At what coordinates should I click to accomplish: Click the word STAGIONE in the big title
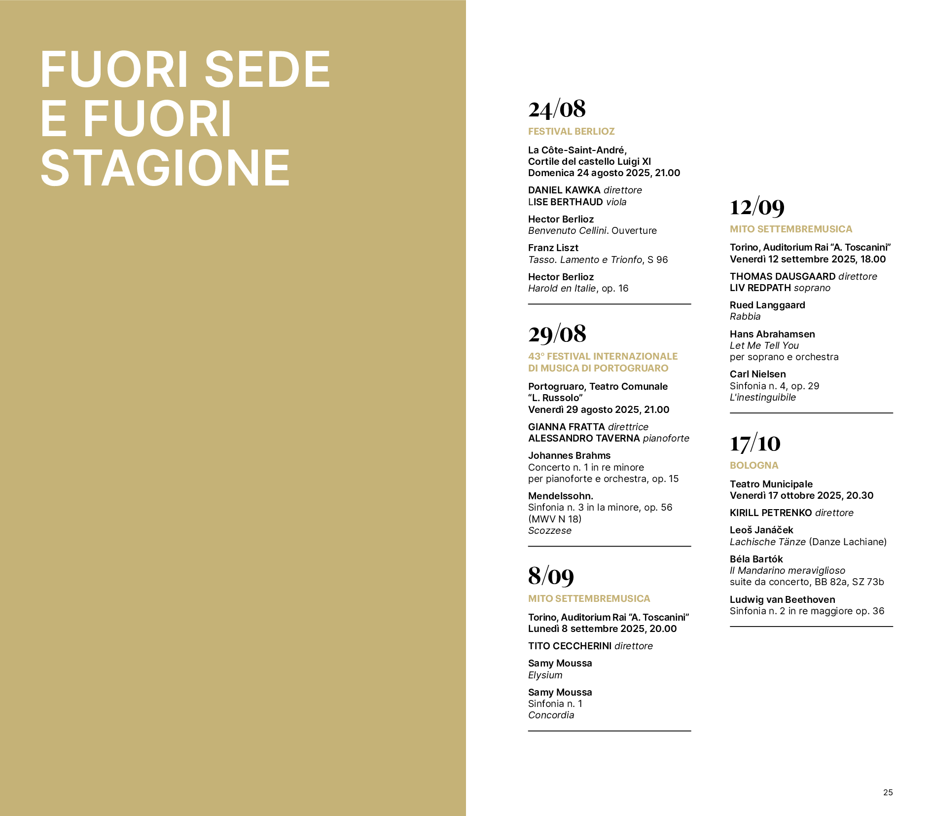(x=165, y=168)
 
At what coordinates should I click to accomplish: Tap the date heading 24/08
(x=557, y=109)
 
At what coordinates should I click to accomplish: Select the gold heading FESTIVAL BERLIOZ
(x=571, y=132)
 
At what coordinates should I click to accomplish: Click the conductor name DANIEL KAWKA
(x=564, y=190)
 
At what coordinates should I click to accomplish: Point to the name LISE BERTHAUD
(x=565, y=202)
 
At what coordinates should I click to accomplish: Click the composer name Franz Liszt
(x=553, y=248)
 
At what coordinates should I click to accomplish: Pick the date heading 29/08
(x=557, y=334)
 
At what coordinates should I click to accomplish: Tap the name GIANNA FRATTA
(x=566, y=427)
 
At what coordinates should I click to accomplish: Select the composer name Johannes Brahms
(x=569, y=456)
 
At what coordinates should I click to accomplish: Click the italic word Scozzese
(x=549, y=531)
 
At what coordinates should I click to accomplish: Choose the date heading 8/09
(x=551, y=576)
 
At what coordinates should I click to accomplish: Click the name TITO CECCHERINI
(x=570, y=646)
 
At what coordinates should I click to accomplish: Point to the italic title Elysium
(x=545, y=675)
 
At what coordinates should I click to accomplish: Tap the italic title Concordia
(x=551, y=715)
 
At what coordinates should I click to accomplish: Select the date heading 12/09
(x=757, y=207)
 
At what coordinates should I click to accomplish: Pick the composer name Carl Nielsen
(x=757, y=374)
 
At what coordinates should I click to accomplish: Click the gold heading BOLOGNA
(x=754, y=466)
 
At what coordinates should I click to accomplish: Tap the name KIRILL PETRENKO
(x=771, y=513)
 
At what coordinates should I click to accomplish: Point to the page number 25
(x=888, y=792)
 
